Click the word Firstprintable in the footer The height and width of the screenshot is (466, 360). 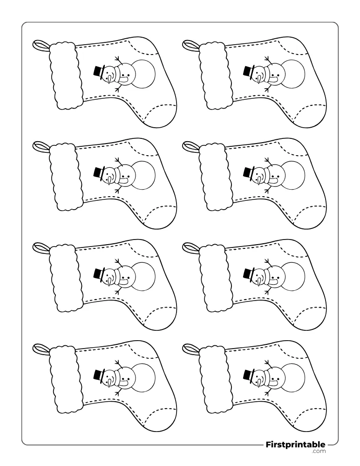pos(295,445)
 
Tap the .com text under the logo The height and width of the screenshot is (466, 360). pos(319,452)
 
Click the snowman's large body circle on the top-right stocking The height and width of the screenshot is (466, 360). pos(292,74)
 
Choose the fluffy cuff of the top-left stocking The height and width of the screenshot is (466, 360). pos(66,75)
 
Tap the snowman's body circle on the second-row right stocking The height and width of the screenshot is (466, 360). pos(292,175)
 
